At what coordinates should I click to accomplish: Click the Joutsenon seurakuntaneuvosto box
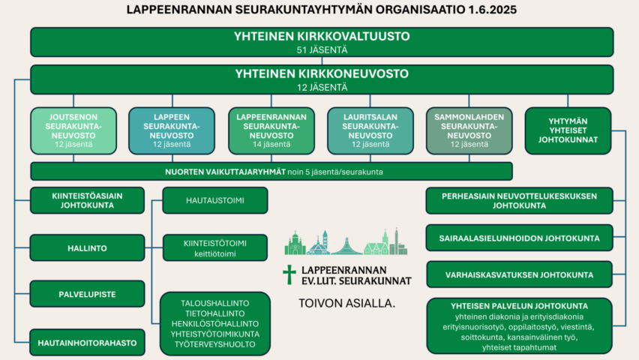pyautogui.click(x=73, y=130)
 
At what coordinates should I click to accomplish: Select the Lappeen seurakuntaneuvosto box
pyautogui.click(x=172, y=130)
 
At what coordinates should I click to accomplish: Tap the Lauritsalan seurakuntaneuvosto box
pyautogui.click(x=370, y=130)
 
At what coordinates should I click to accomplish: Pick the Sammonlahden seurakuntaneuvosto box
pyautogui.click(x=469, y=130)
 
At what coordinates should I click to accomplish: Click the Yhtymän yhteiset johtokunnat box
pyautogui.click(x=568, y=130)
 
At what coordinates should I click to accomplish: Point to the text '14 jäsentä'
pyautogui.click(x=271, y=144)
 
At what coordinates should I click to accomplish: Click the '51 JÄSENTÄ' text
pyautogui.click(x=322, y=50)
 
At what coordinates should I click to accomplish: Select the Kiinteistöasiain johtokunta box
pyautogui.click(x=87, y=200)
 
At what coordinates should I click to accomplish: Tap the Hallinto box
pyautogui.click(x=87, y=248)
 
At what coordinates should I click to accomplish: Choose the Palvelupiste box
pyautogui.click(x=87, y=294)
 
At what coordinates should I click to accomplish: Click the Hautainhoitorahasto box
pyautogui.click(x=87, y=343)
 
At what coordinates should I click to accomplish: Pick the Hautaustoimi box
pyautogui.click(x=215, y=200)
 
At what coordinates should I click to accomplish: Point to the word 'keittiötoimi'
pyautogui.click(x=215, y=254)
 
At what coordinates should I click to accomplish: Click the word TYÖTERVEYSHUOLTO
pyautogui.click(x=215, y=344)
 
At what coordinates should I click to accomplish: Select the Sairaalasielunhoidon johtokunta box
pyautogui.click(x=519, y=238)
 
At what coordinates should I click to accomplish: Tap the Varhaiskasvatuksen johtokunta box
pyautogui.click(x=519, y=274)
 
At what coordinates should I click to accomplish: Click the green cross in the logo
pyautogui.click(x=289, y=274)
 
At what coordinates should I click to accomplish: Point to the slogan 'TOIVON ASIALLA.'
pyautogui.click(x=346, y=303)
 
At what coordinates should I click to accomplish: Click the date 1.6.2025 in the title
pyautogui.click(x=492, y=10)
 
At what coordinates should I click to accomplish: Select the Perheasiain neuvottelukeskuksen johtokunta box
pyautogui.click(x=519, y=200)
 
